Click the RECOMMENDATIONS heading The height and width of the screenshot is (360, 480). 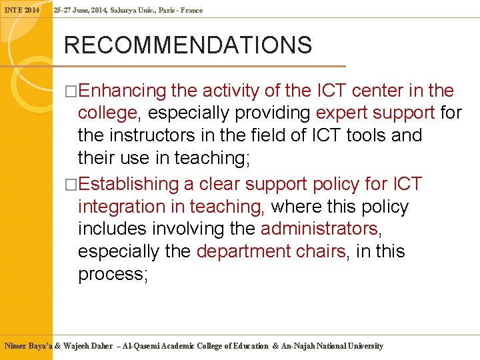[x=187, y=45]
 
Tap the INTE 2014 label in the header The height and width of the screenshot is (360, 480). [x=23, y=10]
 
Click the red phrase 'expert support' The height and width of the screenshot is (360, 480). [x=376, y=113]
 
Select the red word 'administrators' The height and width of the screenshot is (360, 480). [x=319, y=229]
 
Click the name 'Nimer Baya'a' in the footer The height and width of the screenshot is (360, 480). [x=29, y=346]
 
